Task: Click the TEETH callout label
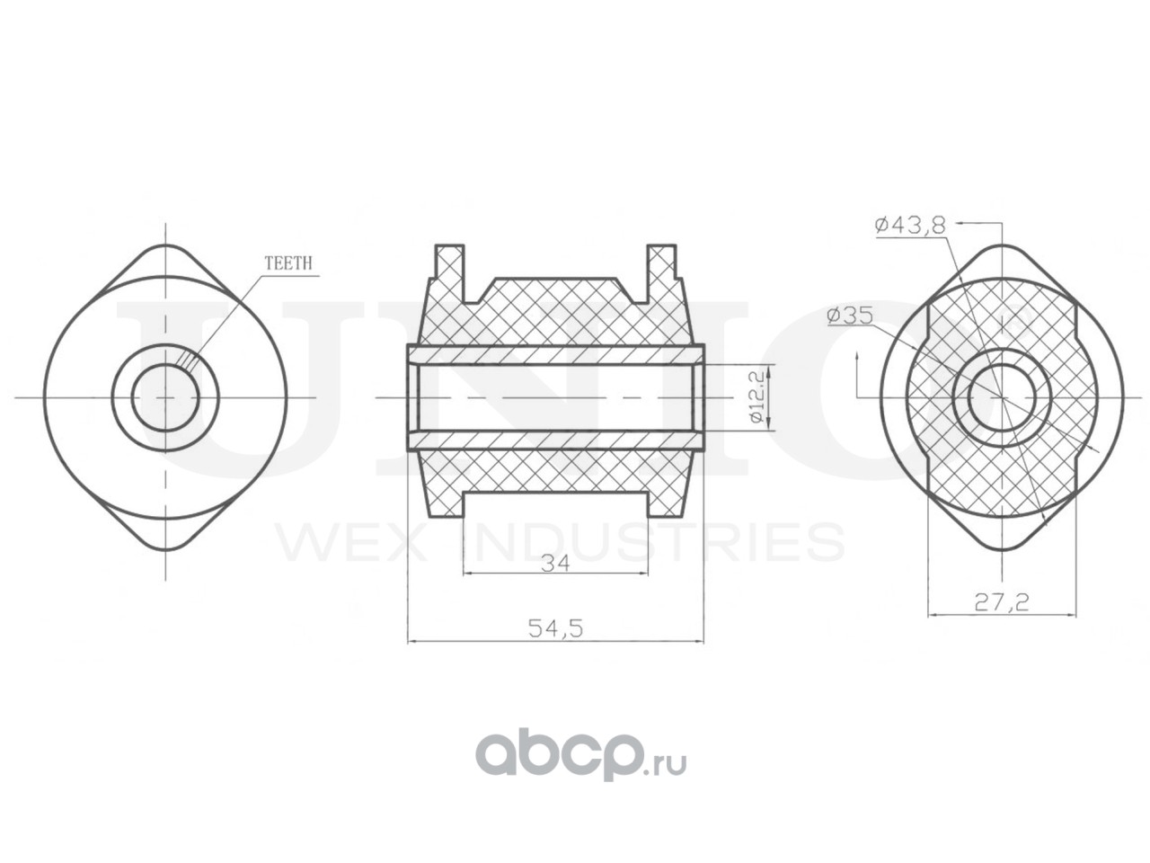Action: click(x=287, y=263)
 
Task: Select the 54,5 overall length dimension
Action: click(x=555, y=628)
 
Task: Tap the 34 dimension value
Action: click(x=555, y=564)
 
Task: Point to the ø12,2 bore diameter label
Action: click(x=755, y=397)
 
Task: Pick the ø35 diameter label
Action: click(x=850, y=316)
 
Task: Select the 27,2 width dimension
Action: click(x=1001, y=603)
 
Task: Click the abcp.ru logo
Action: click(x=580, y=756)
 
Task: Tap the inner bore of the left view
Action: click(x=165, y=397)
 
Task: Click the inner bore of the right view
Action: click(x=1001, y=397)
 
